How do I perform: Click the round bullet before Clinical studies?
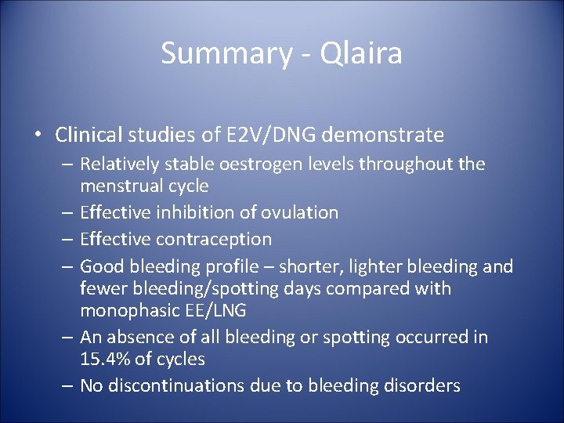38,136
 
